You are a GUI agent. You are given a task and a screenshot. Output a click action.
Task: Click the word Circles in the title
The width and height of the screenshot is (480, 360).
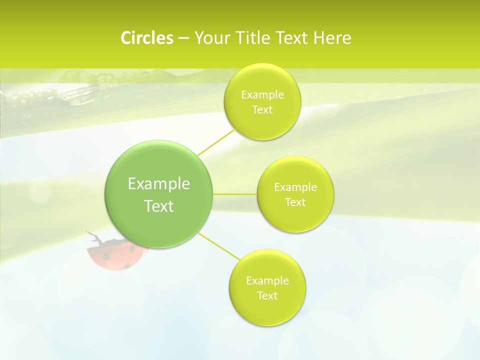(147, 38)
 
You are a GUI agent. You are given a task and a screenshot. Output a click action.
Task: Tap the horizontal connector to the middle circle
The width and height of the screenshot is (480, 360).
(235, 194)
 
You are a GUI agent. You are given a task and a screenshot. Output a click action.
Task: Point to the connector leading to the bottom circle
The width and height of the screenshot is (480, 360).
(218, 245)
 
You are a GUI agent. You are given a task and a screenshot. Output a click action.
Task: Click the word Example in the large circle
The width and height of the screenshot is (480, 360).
(159, 184)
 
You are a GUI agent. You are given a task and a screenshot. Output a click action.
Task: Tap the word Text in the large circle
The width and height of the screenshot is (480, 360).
(159, 206)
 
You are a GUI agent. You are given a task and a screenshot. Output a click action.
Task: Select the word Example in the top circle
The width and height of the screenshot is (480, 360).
(262, 95)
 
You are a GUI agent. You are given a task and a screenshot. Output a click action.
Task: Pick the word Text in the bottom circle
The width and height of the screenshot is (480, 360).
(267, 296)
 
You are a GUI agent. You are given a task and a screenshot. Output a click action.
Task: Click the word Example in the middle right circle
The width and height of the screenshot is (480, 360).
(295, 187)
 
